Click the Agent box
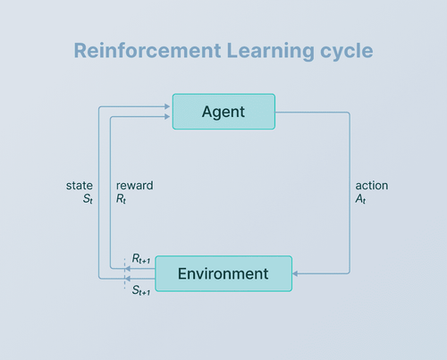pyautogui.click(x=223, y=112)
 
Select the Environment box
pyautogui.click(x=223, y=272)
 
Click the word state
pyautogui.click(x=80, y=186)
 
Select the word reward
pyautogui.click(x=135, y=186)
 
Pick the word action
pyautogui.click(x=372, y=186)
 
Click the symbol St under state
pyautogui.click(x=87, y=200)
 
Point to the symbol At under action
pyautogui.click(x=361, y=200)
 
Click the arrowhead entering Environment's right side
pyautogui.click(x=297, y=273)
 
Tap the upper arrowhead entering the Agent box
pyautogui.click(x=167, y=106)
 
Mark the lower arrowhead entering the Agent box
pyautogui.click(x=167, y=117)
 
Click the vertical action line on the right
pyautogui.click(x=349, y=192)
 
